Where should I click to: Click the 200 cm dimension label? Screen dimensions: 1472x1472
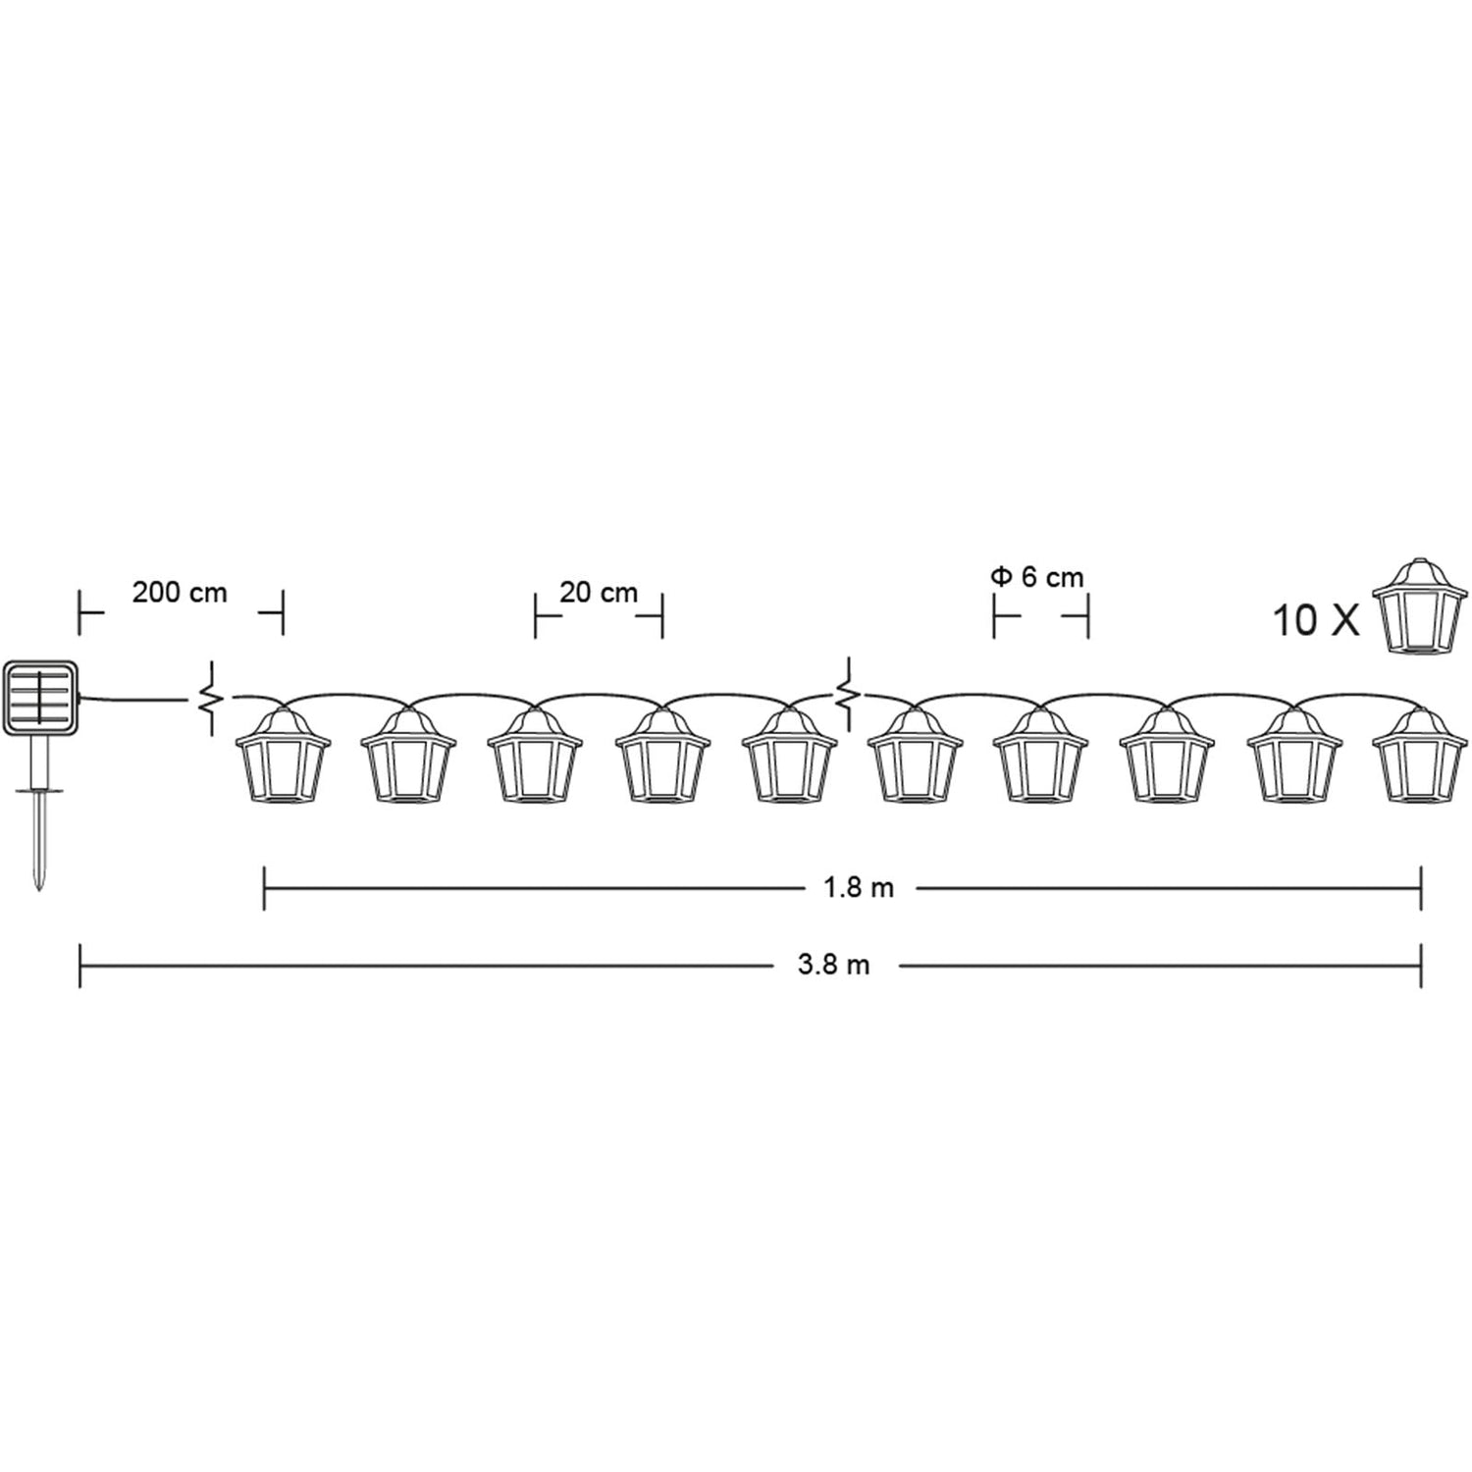pos(180,593)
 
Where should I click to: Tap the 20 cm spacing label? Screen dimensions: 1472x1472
pos(599,593)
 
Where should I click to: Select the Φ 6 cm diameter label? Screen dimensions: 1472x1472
pos(1037,577)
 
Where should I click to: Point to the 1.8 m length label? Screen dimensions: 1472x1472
pos(858,888)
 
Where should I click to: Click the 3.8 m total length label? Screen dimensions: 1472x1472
pos(833,966)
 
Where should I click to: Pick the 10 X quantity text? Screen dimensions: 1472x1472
pos(1316,621)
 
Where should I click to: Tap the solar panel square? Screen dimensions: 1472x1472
pos(40,698)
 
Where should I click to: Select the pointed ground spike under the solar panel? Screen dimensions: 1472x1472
pos(38,834)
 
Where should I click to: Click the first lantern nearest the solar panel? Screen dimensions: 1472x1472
pos(283,756)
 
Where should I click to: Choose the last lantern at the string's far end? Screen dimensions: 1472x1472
pos(1419,756)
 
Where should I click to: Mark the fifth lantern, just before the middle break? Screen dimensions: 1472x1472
pos(789,756)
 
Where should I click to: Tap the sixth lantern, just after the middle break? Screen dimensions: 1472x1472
pos(915,756)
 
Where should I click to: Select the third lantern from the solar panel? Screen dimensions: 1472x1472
pos(535,756)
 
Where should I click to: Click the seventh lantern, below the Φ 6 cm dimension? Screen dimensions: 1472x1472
pos(1040,756)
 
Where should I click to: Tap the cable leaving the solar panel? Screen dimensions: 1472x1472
pos(132,699)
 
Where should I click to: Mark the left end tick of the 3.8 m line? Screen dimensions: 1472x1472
pos(79,966)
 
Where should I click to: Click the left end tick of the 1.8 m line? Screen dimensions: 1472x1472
pos(265,888)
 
